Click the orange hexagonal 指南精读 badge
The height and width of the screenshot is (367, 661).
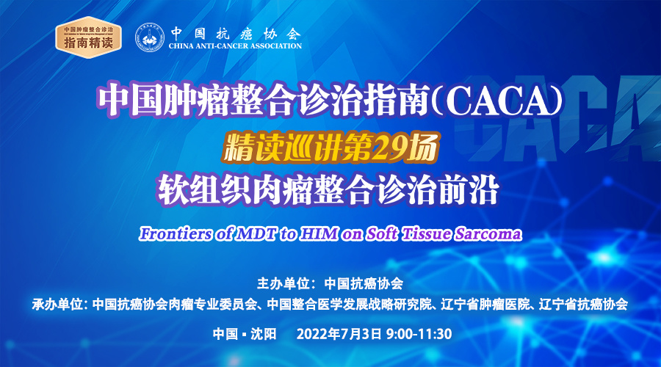(89, 37)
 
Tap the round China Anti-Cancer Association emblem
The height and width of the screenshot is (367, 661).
(150, 37)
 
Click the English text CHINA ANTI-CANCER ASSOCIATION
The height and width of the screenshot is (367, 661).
(235, 46)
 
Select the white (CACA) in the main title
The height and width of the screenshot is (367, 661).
(499, 101)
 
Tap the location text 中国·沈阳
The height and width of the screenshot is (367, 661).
(245, 334)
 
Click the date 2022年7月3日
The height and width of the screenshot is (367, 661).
(339, 334)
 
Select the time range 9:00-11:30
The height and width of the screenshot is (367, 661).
(419, 334)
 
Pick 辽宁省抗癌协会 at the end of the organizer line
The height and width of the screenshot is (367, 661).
(584, 304)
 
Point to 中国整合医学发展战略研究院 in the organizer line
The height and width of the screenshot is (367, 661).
(350, 304)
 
